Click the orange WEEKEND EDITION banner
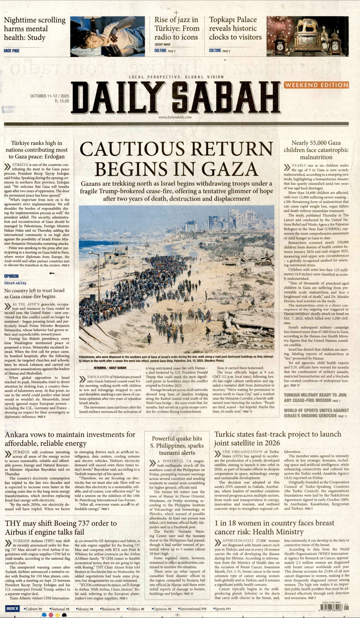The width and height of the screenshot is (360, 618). pos(316,85)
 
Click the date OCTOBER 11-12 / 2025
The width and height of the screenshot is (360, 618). pos(49,96)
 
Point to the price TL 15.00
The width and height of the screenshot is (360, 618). pos(62,101)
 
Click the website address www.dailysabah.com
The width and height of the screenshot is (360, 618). pos(175,117)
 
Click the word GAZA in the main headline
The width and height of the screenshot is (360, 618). pos(229,169)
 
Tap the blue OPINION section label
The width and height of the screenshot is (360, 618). pos(11,276)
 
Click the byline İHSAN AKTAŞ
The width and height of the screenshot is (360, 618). pos(15,283)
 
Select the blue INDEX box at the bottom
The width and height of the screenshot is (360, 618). pos(12,608)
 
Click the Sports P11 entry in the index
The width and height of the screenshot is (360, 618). pos(222,609)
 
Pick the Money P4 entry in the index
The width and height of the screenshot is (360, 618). pos(85,609)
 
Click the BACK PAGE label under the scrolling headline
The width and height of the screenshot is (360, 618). pos(12,51)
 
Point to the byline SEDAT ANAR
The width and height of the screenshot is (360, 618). pos(162,44)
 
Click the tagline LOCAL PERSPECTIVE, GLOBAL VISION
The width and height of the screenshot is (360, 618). pos(176,77)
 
